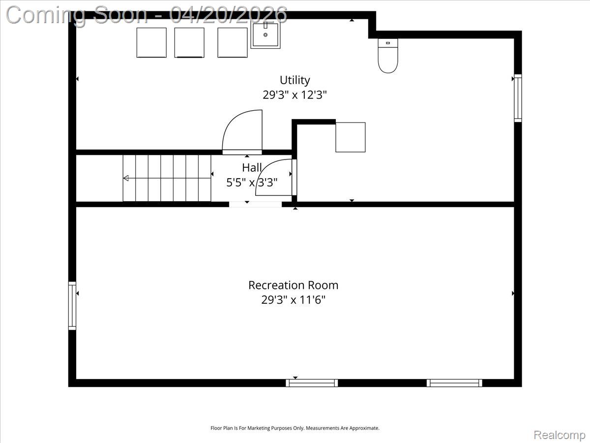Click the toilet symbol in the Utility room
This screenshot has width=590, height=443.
coord(388,56)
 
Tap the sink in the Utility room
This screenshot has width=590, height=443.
coord(265,34)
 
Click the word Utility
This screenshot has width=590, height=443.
coord(295,80)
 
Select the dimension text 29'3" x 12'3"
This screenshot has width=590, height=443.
coord(295,95)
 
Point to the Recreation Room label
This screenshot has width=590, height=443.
coord(293,285)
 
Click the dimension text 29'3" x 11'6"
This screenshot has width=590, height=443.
coord(293,300)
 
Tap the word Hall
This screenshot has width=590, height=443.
coord(252,168)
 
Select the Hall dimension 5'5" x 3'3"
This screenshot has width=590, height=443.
coord(252,183)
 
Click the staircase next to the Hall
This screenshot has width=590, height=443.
coord(167,178)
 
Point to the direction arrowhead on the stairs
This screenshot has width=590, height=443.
coord(126,178)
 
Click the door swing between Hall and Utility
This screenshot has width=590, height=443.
coord(242,132)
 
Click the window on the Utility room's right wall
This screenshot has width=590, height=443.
coord(518,98)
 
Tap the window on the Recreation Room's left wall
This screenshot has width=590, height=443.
coord(72,305)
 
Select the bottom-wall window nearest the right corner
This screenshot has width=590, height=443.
coord(454,383)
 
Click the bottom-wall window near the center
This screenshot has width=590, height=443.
coord(312,383)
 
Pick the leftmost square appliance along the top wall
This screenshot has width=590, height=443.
coord(151,43)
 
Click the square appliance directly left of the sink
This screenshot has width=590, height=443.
coord(232,43)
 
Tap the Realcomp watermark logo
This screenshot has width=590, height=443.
coord(560,435)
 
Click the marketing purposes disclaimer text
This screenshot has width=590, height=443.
coord(295,428)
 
